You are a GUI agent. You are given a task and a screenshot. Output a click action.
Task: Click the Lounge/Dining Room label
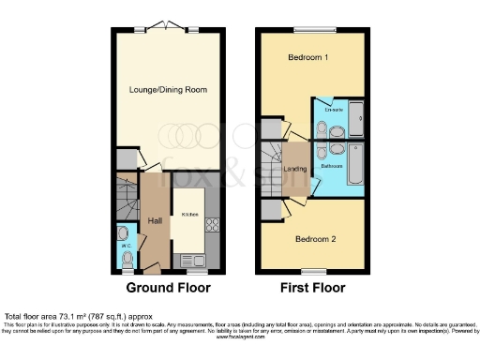click(168, 90)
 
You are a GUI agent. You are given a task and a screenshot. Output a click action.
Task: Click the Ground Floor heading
click(168, 288)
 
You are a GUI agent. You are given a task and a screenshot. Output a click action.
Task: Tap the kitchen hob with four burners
click(211, 225)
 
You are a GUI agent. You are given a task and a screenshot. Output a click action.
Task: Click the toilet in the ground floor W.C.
click(127, 258)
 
